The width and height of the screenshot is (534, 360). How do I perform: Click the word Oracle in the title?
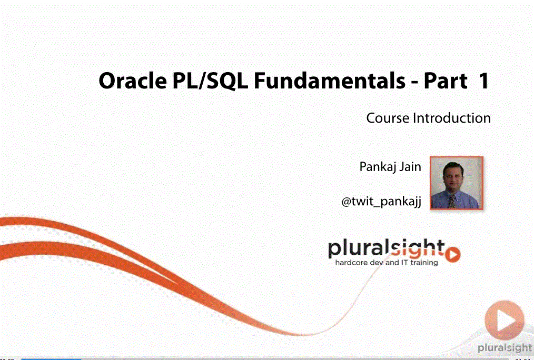(x=133, y=81)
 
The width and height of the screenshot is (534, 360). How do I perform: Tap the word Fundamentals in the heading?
(x=330, y=81)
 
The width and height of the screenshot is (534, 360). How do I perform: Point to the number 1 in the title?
(x=484, y=81)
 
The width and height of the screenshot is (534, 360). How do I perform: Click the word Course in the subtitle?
(x=388, y=118)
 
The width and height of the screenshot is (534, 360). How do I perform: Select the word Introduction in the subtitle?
(x=452, y=118)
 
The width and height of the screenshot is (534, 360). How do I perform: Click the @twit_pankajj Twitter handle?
(x=381, y=202)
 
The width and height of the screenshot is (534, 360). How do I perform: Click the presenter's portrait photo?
(x=457, y=183)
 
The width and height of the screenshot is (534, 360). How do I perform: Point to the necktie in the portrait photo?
(x=452, y=202)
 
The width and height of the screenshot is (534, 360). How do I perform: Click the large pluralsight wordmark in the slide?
(x=387, y=249)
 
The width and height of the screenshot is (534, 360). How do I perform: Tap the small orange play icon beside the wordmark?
(x=453, y=254)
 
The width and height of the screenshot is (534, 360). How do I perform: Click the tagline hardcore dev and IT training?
(x=387, y=263)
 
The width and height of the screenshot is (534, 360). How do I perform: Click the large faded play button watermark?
(x=505, y=320)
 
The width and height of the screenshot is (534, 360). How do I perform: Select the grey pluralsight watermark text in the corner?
(x=505, y=348)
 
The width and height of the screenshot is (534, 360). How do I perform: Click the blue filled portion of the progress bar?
(x=51, y=358)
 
